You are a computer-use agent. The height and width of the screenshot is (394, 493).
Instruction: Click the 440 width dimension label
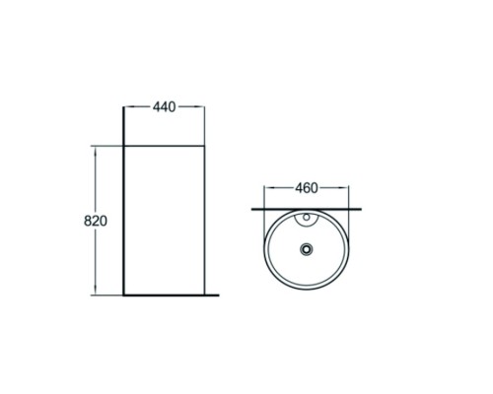(x=164, y=107)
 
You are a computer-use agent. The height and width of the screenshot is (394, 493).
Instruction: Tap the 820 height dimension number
(x=96, y=221)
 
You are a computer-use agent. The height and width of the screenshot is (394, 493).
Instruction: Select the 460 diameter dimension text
(x=307, y=188)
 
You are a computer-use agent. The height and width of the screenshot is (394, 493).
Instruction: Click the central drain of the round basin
(x=307, y=249)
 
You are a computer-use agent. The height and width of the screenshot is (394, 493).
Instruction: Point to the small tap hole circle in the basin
(x=307, y=217)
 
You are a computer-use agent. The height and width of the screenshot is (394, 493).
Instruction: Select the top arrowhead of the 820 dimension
(x=96, y=151)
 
